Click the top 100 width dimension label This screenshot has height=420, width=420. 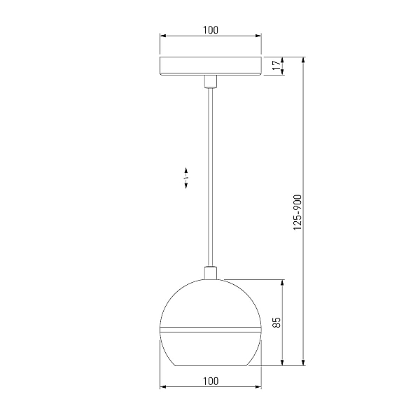point(211,30)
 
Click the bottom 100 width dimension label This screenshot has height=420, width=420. point(211,381)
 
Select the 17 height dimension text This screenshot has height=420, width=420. point(276,65)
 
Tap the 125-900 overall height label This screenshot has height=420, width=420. point(297,212)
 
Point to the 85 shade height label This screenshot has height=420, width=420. point(276,322)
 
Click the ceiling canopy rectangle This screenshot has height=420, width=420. point(211,66)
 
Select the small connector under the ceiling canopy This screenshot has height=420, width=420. point(211,82)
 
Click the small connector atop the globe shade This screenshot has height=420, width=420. point(211,273)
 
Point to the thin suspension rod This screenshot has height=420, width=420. point(211,177)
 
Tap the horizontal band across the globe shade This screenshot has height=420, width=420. point(211,330)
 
